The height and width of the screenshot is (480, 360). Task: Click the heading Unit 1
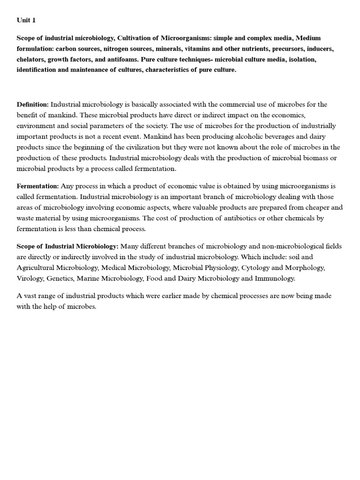coord(26,20)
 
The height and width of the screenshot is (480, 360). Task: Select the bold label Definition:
coord(33,104)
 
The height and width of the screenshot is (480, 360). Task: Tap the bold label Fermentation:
coord(38,186)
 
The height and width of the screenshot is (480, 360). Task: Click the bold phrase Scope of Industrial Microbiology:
coord(67,246)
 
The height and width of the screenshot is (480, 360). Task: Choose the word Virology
coord(30,278)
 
